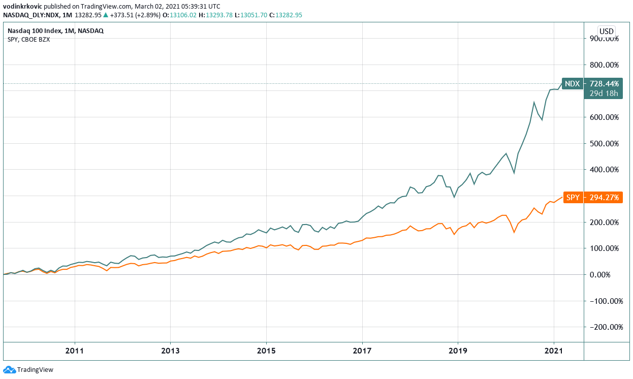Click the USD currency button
tap(607, 31)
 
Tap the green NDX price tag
tap(572, 83)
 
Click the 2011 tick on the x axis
tap(75, 351)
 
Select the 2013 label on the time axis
tap(170, 351)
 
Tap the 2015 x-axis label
tap(266, 351)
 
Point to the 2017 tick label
tap(362, 351)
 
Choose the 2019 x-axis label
tap(458, 351)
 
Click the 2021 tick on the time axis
tap(553, 351)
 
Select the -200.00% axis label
tap(603, 327)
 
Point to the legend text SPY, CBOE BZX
tap(28, 40)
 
